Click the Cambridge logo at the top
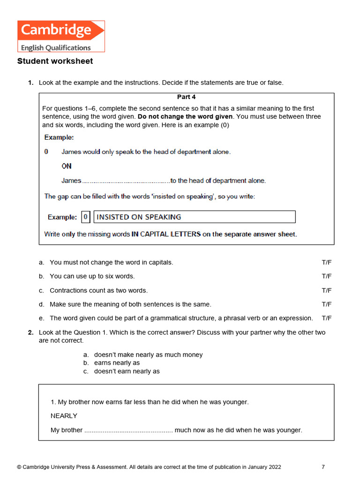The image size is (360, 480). point(61,36)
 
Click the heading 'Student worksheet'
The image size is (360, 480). point(55,61)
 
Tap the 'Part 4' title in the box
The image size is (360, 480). point(186,97)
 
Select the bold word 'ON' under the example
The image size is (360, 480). point(67,166)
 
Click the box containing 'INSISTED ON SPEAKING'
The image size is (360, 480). point(195,217)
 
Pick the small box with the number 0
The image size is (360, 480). point(85,217)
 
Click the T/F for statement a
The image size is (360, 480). point(326,262)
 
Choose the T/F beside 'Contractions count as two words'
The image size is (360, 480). point(326,291)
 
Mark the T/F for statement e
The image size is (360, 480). point(326,318)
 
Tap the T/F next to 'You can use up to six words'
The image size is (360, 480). point(326,277)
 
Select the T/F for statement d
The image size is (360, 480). point(326,305)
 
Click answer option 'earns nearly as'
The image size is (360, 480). point(117,363)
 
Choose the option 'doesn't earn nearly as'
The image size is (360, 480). point(127,371)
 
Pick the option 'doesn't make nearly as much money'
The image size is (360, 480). point(148,355)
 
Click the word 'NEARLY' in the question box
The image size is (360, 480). point(64,416)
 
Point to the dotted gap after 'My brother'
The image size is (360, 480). point(128,430)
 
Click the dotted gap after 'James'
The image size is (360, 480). point(126,181)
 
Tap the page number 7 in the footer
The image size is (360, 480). point(323,467)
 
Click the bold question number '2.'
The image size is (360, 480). point(30,332)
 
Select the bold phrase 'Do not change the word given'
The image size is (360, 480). point(186,116)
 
